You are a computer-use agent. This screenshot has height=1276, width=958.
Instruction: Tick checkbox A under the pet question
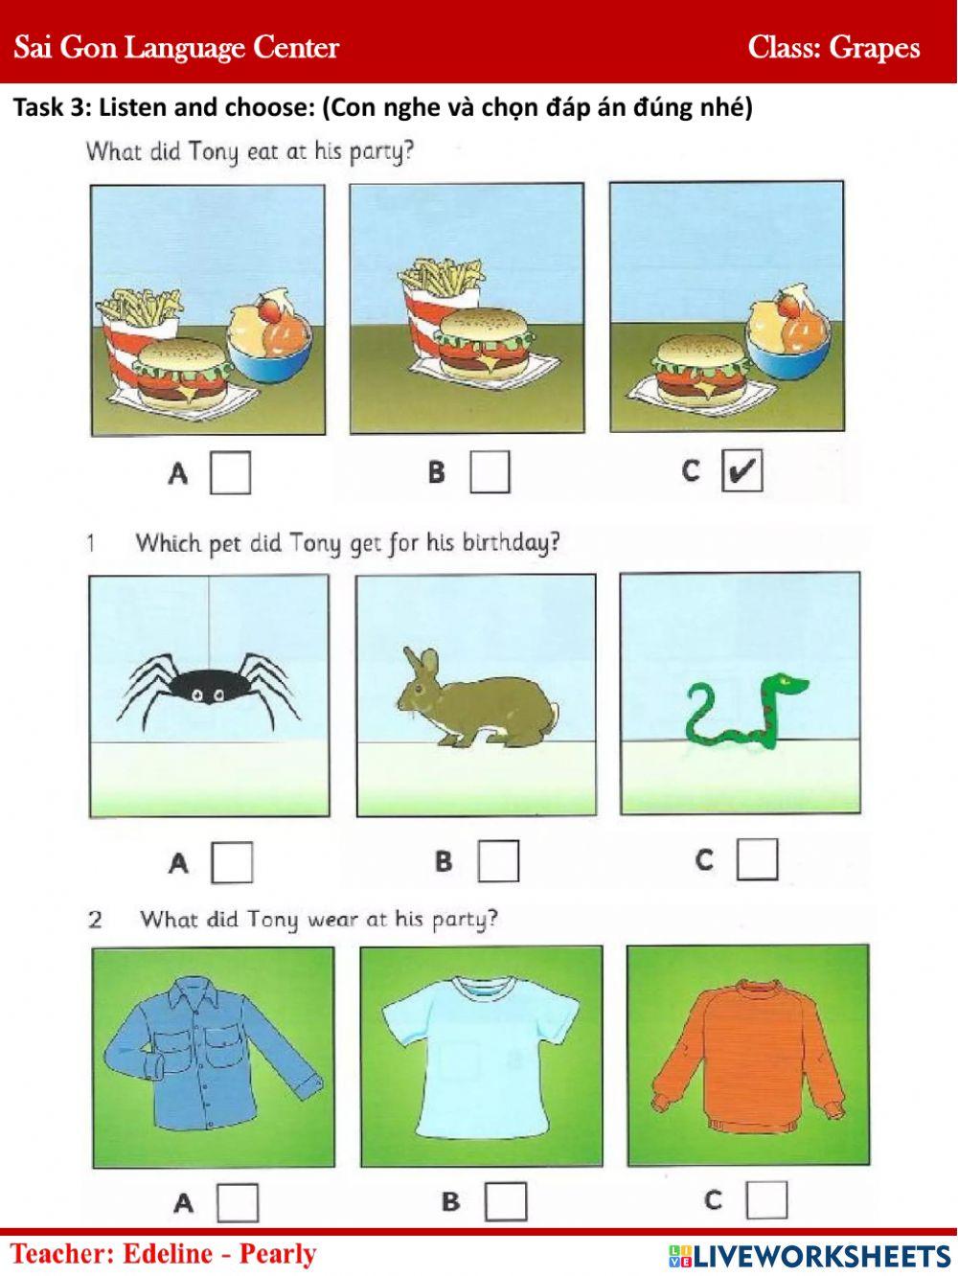(231, 862)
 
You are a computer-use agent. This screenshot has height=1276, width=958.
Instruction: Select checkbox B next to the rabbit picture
(498, 860)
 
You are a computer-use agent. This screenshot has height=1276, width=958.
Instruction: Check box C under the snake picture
(757, 859)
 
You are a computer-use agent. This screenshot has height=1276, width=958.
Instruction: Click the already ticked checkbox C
(741, 471)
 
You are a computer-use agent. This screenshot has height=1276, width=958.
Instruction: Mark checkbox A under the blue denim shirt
(238, 1202)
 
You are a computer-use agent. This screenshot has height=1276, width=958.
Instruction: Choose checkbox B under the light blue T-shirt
(505, 1201)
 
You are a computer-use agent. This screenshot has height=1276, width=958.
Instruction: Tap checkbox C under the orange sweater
(766, 1199)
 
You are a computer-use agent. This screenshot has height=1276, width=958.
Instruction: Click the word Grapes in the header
(874, 48)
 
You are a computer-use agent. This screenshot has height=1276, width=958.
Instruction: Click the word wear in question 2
(333, 920)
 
